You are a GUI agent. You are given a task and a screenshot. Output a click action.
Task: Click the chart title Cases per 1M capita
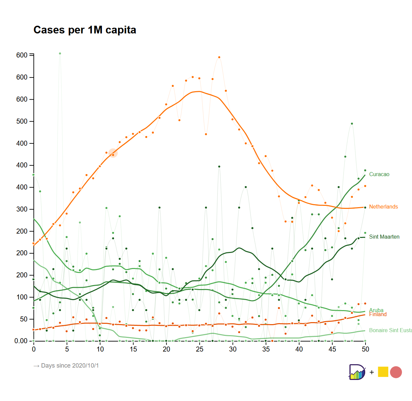(85, 30)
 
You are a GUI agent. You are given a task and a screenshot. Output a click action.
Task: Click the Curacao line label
(379, 174)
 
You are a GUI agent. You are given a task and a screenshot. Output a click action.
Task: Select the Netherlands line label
(383, 207)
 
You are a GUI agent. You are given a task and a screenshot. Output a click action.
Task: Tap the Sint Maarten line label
(384, 237)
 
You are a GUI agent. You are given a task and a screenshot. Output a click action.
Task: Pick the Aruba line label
(376, 310)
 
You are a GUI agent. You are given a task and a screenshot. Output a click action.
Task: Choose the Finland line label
(378, 315)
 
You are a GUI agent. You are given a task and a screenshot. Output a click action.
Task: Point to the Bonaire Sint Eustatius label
(390, 330)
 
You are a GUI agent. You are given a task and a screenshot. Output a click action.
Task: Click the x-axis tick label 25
(200, 349)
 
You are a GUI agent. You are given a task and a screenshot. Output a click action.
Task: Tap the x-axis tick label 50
(366, 349)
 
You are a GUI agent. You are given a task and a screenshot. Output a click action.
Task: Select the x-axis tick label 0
(33, 349)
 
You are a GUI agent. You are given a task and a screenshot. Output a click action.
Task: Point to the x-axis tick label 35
(266, 349)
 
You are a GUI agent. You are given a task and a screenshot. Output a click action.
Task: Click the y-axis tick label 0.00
(21, 341)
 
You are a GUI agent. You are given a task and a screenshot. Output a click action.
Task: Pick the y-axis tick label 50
(24, 319)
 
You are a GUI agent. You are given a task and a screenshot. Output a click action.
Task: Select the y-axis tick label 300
(22, 209)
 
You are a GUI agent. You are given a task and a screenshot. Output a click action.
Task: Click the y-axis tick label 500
(22, 121)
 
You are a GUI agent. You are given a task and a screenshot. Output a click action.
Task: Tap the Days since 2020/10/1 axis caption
(66, 366)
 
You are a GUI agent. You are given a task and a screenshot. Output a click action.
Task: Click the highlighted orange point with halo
(113, 153)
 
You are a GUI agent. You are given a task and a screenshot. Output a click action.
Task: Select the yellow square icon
(383, 372)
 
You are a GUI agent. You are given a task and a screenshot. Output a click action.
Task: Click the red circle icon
(396, 372)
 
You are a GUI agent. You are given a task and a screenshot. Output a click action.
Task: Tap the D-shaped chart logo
(356, 372)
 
